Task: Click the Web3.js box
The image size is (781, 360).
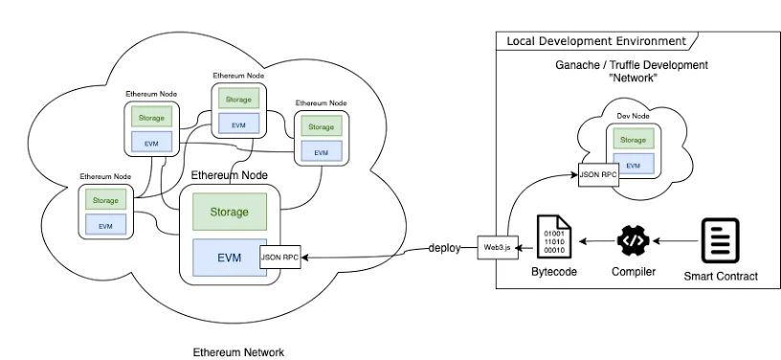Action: (x=498, y=247)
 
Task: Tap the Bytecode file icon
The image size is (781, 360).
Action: (x=554, y=236)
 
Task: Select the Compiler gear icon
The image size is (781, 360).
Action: (x=633, y=241)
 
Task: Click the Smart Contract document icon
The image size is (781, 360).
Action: (x=721, y=241)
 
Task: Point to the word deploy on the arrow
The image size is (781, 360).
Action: (x=444, y=248)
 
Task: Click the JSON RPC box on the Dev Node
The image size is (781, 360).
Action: (x=598, y=175)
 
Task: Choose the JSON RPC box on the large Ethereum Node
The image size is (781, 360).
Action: (x=280, y=257)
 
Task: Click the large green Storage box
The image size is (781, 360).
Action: (x=230, y=213)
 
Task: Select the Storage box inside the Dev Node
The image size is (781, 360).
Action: (x=633, y=140)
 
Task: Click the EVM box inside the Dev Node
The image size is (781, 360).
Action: (x=633, y=164)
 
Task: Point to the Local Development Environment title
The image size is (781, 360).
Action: (x=596, y=41)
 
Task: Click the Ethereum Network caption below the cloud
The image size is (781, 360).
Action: (x=238, y=352)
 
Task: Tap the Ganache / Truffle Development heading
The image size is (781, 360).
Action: (x=632, y=65)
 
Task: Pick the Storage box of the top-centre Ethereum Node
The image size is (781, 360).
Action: (x=238, y=99)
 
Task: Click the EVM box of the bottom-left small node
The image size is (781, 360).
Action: (x=105, y=225)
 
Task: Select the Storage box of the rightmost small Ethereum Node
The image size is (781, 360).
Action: (x=322, y=126)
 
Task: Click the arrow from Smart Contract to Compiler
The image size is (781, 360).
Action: (x=676, y=241)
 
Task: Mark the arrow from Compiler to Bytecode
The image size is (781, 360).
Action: (x=596, y=241)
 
